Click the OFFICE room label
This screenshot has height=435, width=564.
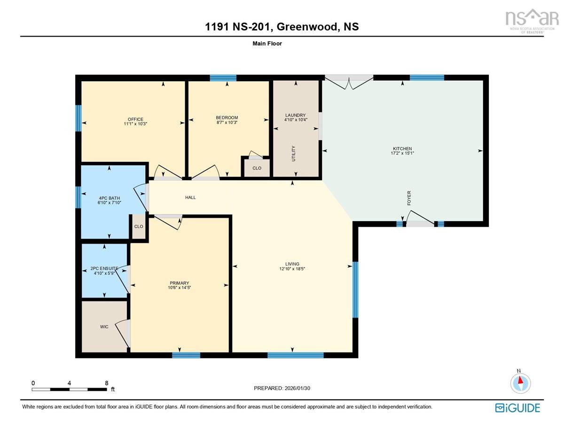135,119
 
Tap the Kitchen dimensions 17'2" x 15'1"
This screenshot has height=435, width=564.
402,153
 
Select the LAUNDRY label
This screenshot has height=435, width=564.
295,115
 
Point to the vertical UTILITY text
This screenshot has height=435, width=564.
294,153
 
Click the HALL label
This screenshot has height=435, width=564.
190,198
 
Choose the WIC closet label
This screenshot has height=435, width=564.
104,327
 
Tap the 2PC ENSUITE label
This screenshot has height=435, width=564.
104,268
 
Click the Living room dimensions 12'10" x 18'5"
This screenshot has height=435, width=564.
292,269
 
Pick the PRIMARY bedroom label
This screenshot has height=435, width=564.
179,283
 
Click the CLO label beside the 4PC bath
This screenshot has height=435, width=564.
139,227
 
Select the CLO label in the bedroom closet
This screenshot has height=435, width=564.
257,168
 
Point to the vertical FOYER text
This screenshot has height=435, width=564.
409,198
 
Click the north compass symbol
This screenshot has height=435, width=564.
520,383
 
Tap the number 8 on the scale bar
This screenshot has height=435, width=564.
107,383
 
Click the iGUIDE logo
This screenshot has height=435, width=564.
517,408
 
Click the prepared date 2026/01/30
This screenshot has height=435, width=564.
297,388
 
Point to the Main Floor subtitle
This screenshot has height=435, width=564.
267,44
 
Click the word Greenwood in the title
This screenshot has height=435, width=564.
308,27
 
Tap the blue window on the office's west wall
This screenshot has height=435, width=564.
78,118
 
